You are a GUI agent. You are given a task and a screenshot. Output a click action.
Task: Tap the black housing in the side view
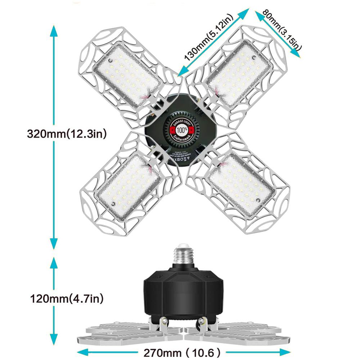(x=184, y=288)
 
